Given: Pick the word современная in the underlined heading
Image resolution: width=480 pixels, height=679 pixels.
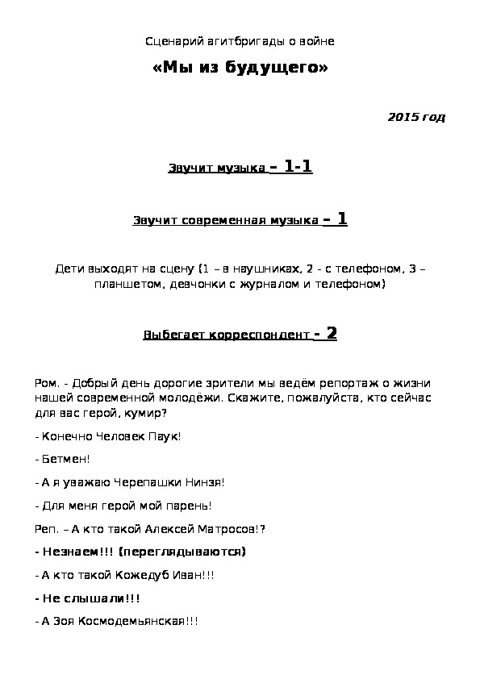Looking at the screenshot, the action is point(222,220).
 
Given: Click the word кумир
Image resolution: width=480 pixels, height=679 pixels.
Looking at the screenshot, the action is point(147,413).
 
